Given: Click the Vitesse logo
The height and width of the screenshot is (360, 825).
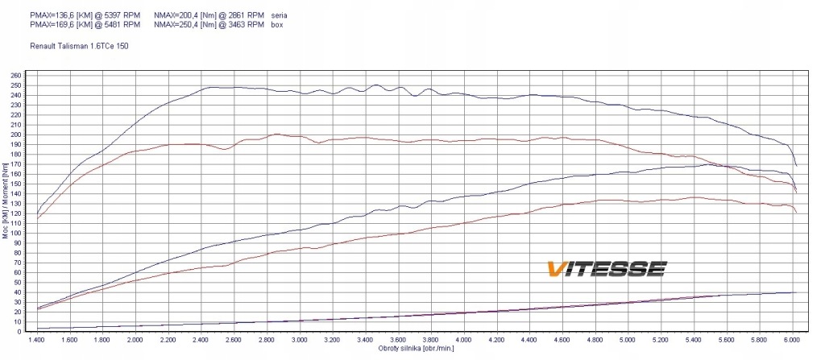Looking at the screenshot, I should click(606, 268).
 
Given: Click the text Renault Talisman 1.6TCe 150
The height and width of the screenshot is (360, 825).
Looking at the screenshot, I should click(78, 46).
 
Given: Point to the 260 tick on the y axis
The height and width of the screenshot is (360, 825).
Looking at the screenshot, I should click(16, 76).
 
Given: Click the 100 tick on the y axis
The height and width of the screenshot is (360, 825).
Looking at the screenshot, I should click(16, 233).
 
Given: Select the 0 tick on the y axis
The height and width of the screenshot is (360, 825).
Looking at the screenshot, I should click(19, 331).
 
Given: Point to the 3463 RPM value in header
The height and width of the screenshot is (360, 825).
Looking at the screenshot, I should click(247, 25).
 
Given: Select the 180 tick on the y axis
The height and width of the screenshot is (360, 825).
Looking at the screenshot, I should click(16, 155).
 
